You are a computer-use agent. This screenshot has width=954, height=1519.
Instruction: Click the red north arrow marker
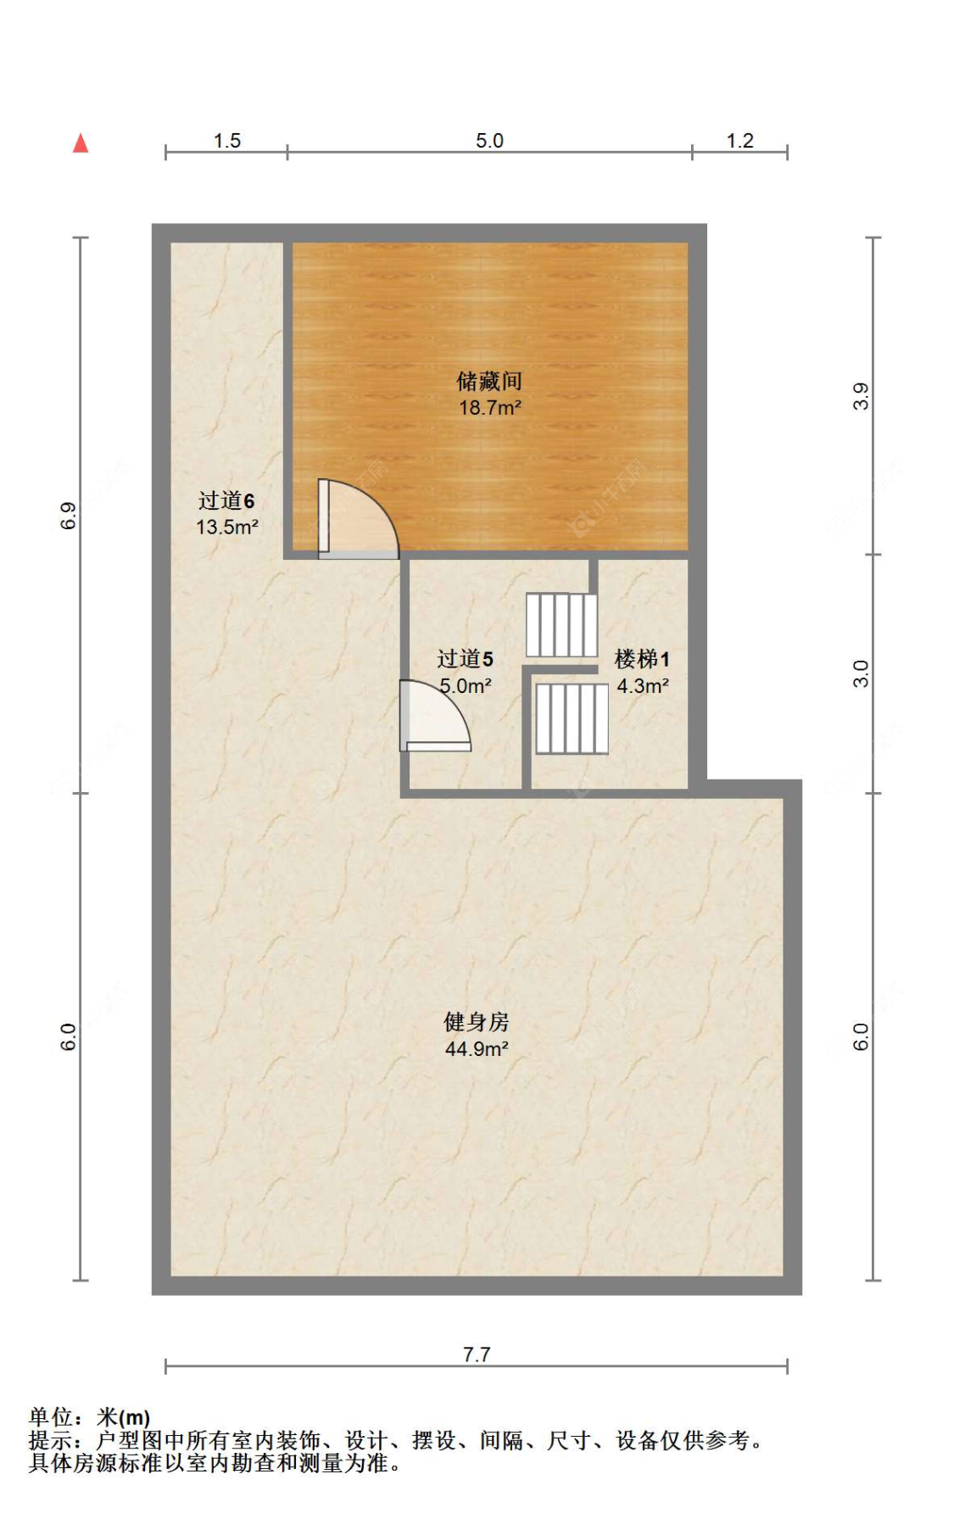81,143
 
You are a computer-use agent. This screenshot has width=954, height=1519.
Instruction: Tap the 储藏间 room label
489,381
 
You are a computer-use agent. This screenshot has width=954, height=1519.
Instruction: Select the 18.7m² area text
489,408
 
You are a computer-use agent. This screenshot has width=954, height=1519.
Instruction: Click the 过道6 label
226,501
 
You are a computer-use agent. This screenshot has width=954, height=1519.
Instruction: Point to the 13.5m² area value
226,527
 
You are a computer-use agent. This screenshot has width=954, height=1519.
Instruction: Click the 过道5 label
465,659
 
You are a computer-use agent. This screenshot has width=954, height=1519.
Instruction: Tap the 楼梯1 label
642,659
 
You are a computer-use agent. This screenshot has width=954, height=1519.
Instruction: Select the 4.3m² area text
642,685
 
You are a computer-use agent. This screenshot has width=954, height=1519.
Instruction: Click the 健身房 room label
477,1022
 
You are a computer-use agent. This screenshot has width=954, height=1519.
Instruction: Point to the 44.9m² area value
477,1049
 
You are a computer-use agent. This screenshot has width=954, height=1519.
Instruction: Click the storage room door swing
356,520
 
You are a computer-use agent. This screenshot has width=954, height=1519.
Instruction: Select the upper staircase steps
561,625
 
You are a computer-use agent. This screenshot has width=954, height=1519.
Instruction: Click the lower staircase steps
572,718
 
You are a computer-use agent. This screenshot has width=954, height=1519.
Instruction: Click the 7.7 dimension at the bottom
477,1354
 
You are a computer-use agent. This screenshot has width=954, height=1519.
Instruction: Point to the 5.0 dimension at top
489,141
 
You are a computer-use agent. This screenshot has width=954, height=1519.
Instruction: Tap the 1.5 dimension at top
226,141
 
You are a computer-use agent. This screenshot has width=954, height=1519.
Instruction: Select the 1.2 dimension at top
739,141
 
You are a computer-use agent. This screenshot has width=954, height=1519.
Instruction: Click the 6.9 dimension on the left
69,516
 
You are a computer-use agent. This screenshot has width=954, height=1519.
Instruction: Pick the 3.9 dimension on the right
861,396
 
